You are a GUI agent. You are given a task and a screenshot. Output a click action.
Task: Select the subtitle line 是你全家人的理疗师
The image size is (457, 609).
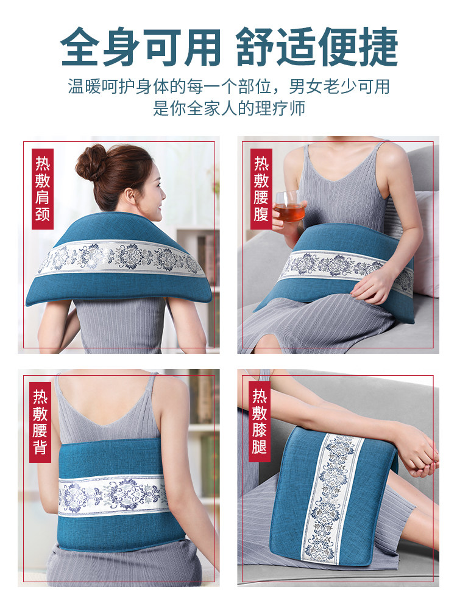coord(228,108)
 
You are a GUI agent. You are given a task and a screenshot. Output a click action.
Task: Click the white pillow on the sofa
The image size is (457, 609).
coord(427,244)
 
